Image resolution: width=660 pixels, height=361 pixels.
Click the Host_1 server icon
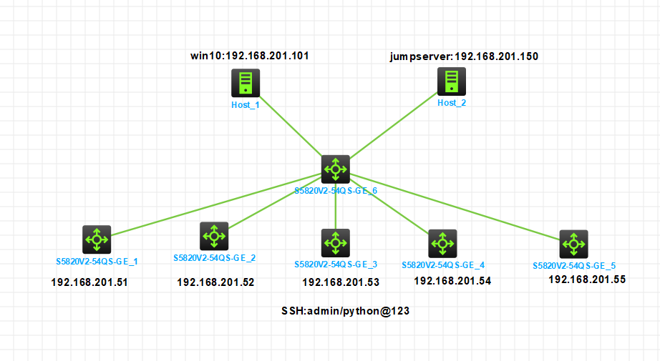[246, 84]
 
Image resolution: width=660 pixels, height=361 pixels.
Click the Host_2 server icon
[452, 81]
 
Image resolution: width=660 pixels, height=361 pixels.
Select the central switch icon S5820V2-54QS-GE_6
[335, 169]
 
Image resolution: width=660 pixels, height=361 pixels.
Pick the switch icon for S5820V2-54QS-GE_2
[213, 235]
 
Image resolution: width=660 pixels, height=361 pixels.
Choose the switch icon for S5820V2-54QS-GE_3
[335, 243]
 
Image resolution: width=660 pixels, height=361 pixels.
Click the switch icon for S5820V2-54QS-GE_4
[442, 244]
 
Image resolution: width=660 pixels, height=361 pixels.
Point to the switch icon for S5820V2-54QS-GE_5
[573, 244]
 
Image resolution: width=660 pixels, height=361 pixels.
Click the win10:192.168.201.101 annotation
[249, 55]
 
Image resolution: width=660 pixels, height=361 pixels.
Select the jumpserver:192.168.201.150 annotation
[463, 56]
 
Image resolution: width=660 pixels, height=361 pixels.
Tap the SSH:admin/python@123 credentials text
[345, 312]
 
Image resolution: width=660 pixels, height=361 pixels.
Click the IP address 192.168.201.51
[89, 282]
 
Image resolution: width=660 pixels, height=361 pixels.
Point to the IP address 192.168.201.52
[215, 282]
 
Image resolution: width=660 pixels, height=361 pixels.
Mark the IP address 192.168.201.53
[341, 282]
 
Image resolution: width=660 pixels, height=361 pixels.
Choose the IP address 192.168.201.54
[452, 281]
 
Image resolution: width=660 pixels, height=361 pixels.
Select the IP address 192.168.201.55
[587, 280]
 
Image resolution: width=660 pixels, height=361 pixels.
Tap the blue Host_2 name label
[452, 103]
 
